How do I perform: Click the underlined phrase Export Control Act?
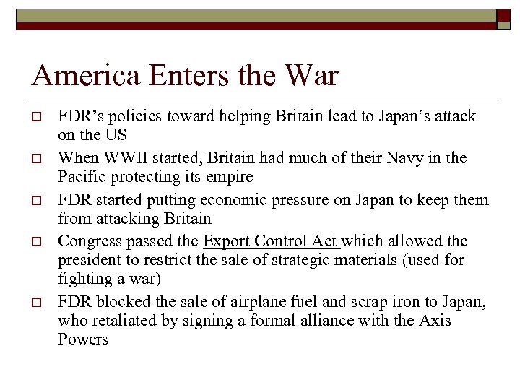[272, 241]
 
